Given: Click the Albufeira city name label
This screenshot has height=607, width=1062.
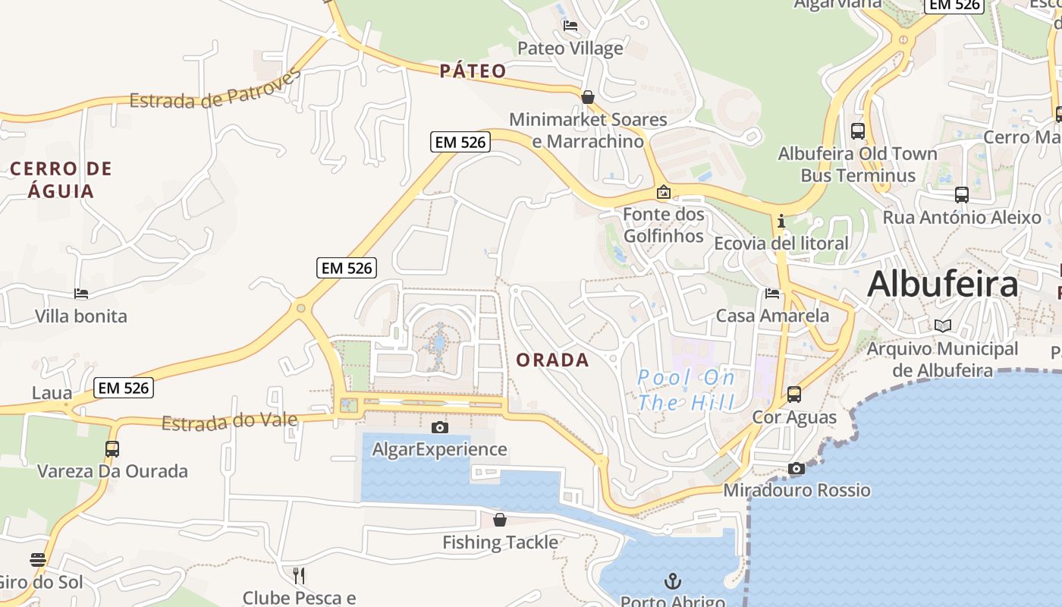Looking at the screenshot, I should [x=942, y=285].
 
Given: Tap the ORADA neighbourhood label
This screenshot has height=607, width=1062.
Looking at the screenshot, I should [x=552, y=360].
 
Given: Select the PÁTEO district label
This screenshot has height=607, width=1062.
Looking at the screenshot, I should [x=473, y=71].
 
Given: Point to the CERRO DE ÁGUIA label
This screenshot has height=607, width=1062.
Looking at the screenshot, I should [x=61, y=179].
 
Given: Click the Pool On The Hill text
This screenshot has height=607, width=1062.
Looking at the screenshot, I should [x=687, y=389].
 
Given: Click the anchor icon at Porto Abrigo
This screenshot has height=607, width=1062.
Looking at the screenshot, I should [x=672, y=582].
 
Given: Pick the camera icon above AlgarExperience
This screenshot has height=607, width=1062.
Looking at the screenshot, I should [x=439, y=428].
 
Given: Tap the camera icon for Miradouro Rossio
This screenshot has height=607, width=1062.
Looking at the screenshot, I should [x=796, y=469].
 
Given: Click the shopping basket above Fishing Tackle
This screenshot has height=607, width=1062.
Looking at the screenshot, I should [x=500, y=521].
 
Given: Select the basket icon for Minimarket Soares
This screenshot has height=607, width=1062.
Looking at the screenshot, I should [x=588, y=97].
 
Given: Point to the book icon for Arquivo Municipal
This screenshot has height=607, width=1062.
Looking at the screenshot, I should [x=943, y=326].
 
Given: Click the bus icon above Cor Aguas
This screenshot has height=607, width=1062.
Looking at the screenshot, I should [x=794, y=395].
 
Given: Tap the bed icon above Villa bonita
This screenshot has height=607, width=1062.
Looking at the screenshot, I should [x=81, y=294].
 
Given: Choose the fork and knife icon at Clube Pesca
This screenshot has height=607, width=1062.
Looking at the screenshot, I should [x=299, y=576].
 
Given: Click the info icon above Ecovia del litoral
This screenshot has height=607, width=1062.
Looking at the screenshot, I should [x=781, y=222].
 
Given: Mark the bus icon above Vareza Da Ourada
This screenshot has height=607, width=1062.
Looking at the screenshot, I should [x=112, y=448].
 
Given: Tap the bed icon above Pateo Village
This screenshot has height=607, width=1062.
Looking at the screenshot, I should [x=570, y=26].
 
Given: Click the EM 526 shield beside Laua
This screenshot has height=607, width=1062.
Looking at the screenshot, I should [x=124, y=388].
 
